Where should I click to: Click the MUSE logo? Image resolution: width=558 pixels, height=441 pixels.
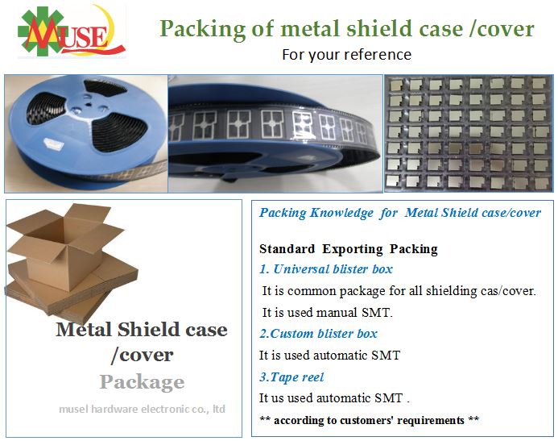(71, 31)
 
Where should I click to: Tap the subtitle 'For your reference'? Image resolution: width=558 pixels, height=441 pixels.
(346, 55)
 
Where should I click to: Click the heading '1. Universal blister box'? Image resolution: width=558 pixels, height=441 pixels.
(326, 269)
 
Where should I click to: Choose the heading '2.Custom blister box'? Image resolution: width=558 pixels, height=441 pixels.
(318, 334)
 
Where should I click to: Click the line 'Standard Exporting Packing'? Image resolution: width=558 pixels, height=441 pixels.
(349, 248)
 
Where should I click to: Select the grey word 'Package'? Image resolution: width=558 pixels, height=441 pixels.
(142, 381)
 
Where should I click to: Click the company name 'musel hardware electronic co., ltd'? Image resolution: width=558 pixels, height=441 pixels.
(142, 409)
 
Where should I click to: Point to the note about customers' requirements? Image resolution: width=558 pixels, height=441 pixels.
(370, 420)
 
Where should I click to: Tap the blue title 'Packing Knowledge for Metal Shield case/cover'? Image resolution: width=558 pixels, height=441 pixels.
(400, 213)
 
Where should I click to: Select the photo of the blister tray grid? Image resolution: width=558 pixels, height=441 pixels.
(469, 132)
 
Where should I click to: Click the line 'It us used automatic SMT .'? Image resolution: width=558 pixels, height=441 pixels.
(335, 398)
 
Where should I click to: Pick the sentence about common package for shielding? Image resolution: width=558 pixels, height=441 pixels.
(399, 290)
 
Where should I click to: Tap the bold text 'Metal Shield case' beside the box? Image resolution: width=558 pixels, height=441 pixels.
(142, 330)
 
